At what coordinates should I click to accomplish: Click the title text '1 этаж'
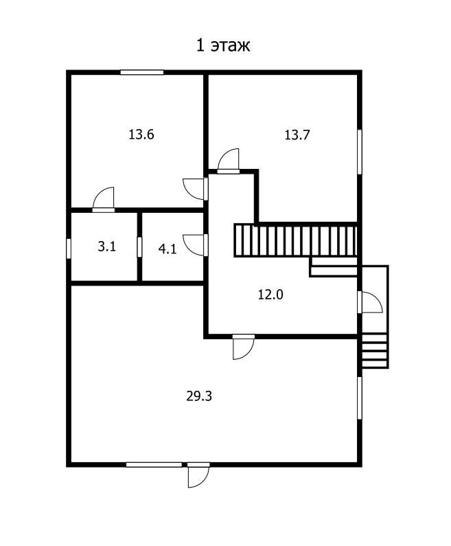tap(223, 45)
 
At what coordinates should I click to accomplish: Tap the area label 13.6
tap(141, 134)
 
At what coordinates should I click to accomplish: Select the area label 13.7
tap(297, 135)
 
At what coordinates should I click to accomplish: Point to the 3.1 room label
tap(106, 247)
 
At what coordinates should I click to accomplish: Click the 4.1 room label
tap(167, 249)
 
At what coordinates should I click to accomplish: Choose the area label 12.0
tap(270, 295)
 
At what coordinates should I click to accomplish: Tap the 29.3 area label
tap(199, 396)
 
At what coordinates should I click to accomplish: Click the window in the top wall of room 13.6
tap(142, 72)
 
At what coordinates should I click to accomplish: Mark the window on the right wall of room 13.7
tap(360, 152)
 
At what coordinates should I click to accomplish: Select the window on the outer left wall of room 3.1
tap(69, 249)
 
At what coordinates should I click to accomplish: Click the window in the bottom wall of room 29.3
tap(154, 464)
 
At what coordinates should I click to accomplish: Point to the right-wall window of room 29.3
tap(360, 398)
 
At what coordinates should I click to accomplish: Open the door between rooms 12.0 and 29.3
tap(243, 347)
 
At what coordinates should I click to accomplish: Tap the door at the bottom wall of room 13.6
tap(104, 200)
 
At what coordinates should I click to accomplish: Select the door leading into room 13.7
tap(229, 161)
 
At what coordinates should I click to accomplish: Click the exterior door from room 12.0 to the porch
tap(370, 302)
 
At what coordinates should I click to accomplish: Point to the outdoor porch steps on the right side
tap(375, 351)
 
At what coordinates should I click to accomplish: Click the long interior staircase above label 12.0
tap(296, 241)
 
